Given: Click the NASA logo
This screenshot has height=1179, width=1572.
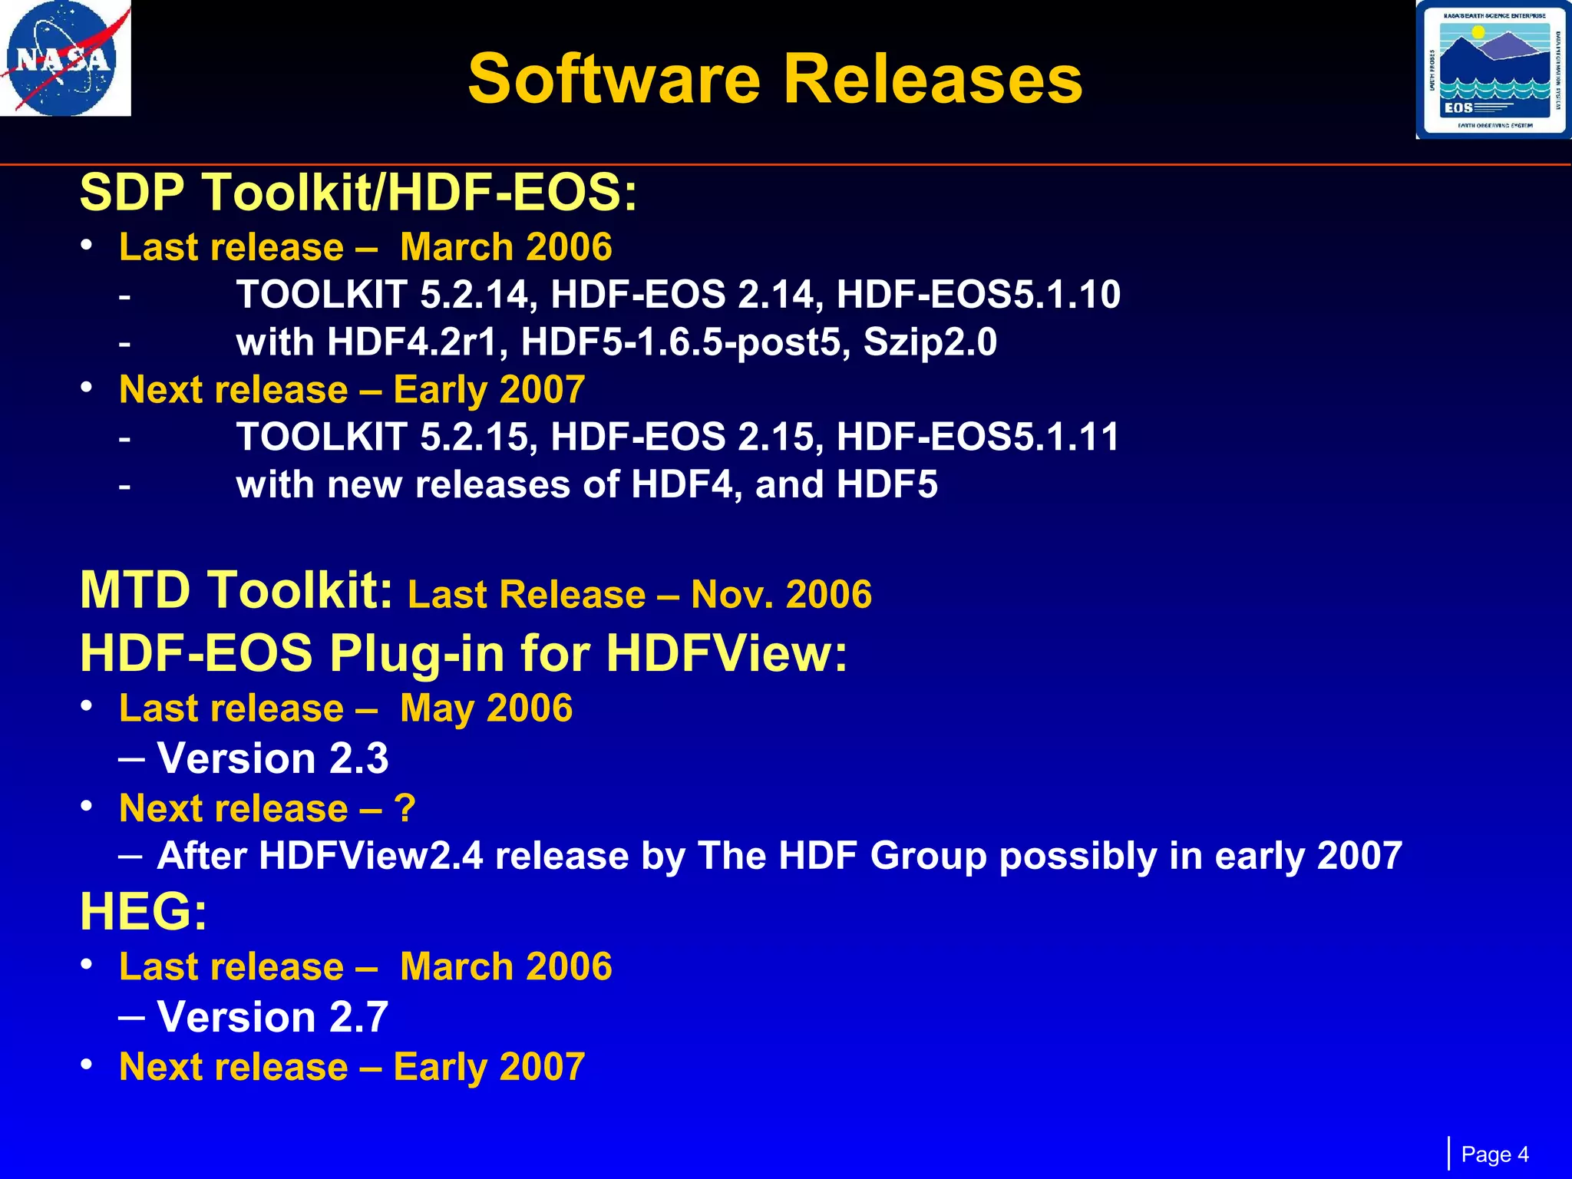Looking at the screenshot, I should tap(64, 58).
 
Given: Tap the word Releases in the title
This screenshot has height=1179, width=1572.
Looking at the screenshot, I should tap(932, 79).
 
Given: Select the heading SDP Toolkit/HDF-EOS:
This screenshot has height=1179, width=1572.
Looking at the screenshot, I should tap(358, 192).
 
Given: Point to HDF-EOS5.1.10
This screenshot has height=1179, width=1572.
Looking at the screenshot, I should tap(978, 295).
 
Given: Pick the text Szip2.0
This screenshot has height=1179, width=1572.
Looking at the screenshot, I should tap(930, 342).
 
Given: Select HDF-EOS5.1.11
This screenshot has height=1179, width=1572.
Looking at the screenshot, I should tap(978, 437).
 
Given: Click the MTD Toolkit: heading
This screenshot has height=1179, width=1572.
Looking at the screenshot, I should tap(236, 591).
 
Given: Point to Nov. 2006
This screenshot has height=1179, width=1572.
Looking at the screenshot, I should tap(781, 595).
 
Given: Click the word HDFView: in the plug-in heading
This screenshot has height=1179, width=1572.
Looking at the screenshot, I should tap(726, 654).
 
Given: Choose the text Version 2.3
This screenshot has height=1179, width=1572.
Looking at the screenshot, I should tap(272, 758).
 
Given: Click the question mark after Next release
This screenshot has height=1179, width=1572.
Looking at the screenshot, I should tap(405, 808).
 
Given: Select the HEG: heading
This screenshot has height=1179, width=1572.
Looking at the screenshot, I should tap(144, 912).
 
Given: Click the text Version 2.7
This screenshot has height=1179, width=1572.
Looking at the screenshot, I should tap(272, 1017).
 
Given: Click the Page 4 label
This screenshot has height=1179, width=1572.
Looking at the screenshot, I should tap(1494, 1154).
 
